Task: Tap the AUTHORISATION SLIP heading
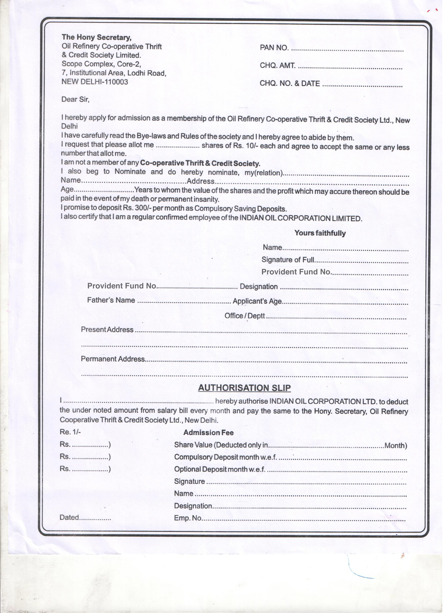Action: pos(246,391)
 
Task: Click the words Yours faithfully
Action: pos(323,235)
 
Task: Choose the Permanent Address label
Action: pos(114,362)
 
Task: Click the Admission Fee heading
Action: pos(210,436)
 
